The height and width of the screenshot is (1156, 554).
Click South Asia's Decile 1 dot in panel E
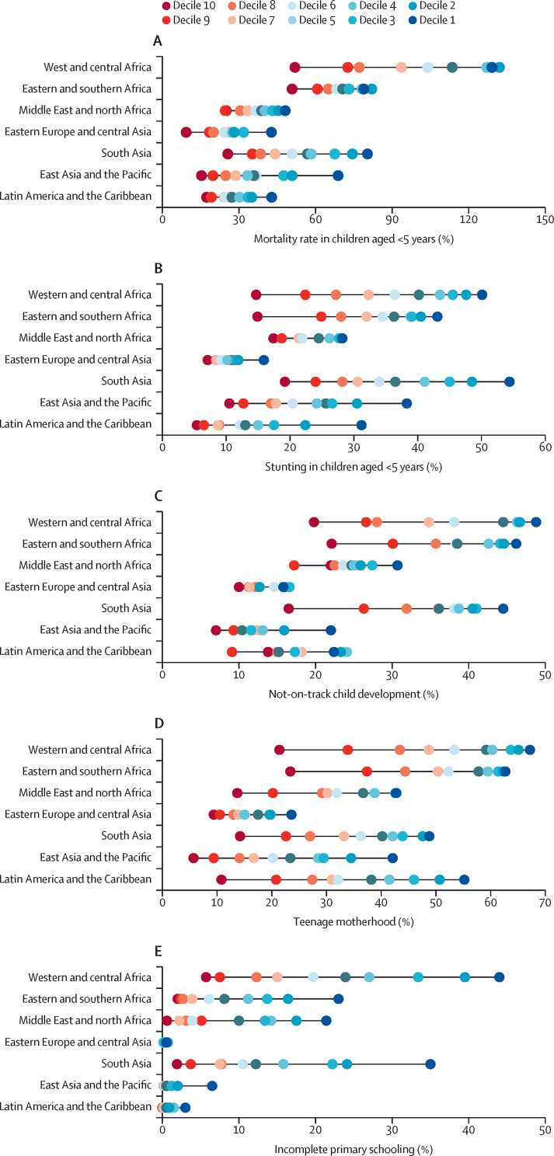[x=430, y=1064]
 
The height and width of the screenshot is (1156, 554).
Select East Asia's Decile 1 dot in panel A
[x=338, y=175]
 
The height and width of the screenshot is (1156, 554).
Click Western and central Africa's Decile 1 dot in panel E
[x=500, y=977]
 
